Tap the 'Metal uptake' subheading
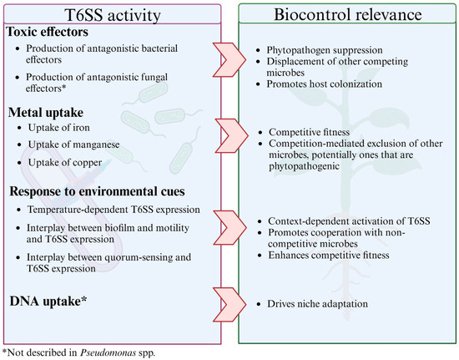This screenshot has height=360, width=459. pyautogui.click(x=46, y=112)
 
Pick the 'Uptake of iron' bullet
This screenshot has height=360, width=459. pyautogui.click(x=69, y=128)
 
